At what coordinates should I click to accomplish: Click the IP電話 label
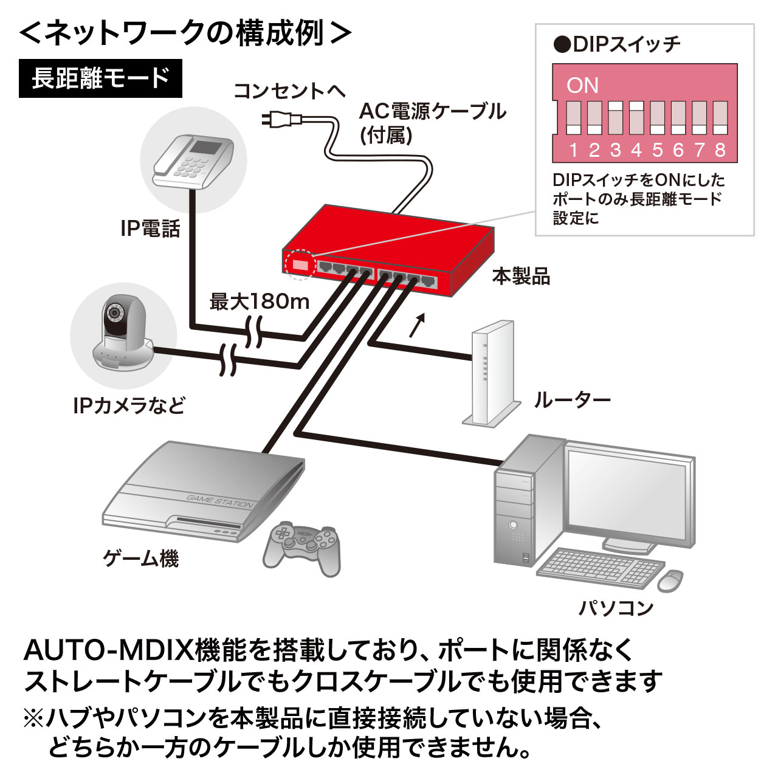(150, 229)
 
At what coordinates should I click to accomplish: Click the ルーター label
(572, 400)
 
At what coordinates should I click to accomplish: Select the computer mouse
(669, 580)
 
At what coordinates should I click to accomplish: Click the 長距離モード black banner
(100, 78)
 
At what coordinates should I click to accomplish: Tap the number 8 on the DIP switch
(720, 150)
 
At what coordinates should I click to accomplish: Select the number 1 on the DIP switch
(573, 150)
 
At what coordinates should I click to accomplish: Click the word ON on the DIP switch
(582, 85)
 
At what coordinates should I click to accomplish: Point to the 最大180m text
(260, 301)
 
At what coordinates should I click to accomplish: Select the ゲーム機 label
(141, 557)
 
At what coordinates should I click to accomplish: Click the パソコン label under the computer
(616, 607)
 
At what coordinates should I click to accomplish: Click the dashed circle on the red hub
(300, 265)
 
